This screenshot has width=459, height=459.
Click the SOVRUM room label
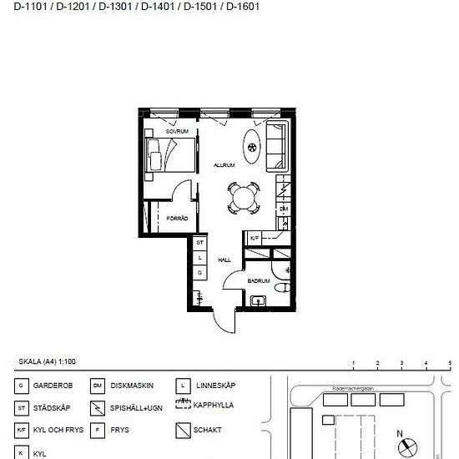pyautogui.click(x=177, y=132)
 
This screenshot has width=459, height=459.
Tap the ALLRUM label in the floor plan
pyautogui.click(x=224, y=165)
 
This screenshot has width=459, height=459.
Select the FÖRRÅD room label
pyautogui.click(x=176, y=218)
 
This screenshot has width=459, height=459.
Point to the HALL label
pyautogui.click(x=224, y=260)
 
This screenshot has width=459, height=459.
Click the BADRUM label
pyautogui.click(x=258, y=281)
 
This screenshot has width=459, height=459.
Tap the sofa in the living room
pyautogui.click(x=275, y=146)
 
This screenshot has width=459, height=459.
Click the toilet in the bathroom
pyautogui.click(x=281, y=289)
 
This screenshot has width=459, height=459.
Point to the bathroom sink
pyautogui.click(x=258, y=300)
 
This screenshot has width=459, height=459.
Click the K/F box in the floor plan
pyautogui.click(x=255, y=239)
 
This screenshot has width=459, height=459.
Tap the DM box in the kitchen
pyautogui.click(x=284, y=209)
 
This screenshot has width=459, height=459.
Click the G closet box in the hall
pyautogui.click(x=200, y=272)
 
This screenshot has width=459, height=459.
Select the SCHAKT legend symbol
pyautogui.click(x=184, y=431)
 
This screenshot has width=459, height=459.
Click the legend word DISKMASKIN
pyautogui.click(x=132, y=386)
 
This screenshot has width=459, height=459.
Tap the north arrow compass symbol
pyautogui.click(x=409, y=447)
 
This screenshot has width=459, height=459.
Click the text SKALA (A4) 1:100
pyautogui.click(x=47, y=361)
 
